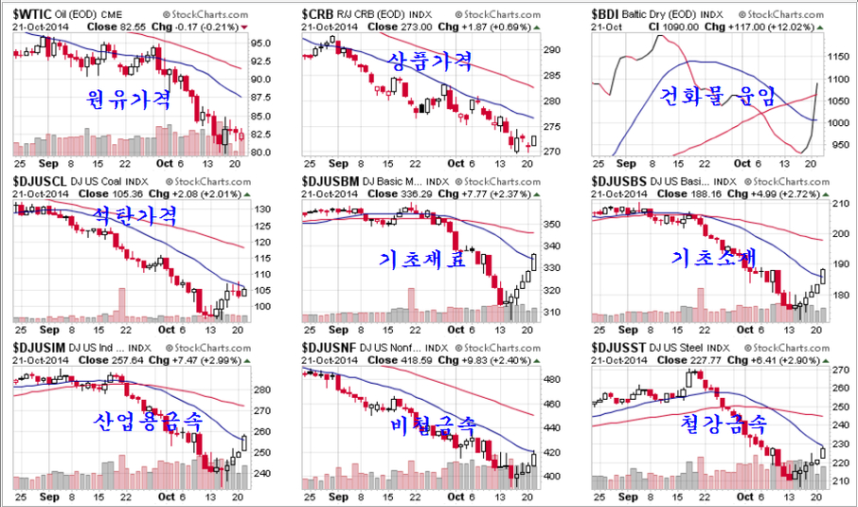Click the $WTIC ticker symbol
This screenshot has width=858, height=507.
point(33,15)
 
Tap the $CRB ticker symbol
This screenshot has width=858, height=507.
point(320,15)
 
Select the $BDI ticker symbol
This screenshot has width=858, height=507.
point(608,15)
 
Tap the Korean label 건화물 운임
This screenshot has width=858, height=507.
point(716,95)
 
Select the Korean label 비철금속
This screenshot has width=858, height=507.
point(432,427)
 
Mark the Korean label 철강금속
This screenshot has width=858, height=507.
point(724,422)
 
